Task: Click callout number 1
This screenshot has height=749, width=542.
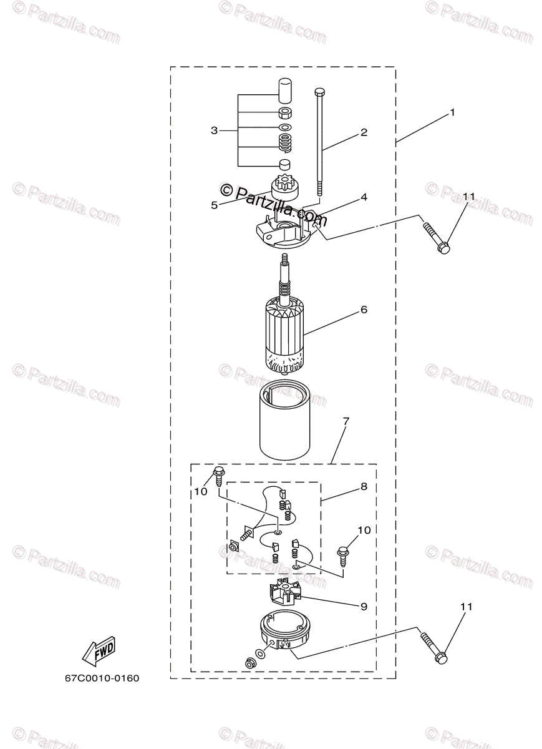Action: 452,114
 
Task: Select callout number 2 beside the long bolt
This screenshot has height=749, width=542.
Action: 364,132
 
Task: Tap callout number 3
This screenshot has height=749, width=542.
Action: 215,130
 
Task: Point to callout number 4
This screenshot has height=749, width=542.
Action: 364,197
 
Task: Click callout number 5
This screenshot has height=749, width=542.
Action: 214,204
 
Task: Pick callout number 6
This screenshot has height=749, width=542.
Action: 364,309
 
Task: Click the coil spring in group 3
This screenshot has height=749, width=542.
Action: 284,144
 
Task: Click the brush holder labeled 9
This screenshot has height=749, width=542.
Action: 284,593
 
